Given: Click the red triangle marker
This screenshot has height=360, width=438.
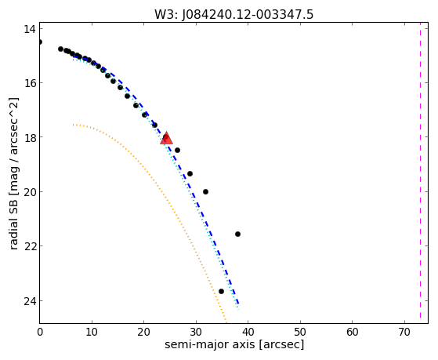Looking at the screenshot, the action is (x=166, y=138).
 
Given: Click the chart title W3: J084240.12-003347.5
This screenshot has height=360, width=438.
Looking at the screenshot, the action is (x=234, y=15).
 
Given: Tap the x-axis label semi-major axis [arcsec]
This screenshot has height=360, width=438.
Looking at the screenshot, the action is (x=234, y=344).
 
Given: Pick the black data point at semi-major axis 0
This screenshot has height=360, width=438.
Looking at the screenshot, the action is (x=40, y=42).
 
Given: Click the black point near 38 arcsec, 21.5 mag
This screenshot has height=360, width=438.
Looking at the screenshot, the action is (x=237, y=235).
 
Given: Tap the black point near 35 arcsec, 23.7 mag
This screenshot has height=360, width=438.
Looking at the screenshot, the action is (x=221, y=292).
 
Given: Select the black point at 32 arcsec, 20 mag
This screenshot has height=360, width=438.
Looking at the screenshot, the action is (x=205, y=192).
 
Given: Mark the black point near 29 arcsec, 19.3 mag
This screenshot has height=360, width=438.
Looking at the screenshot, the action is (x=190, y=173).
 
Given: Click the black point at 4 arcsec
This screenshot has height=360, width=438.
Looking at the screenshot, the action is (x=60, y=49).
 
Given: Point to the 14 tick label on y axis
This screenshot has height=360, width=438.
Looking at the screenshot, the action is (x=29, y=29).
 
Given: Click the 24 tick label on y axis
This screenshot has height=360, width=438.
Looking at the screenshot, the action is (x=29, y=301).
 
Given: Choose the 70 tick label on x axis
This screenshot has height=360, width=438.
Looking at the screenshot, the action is (x=404, y=333).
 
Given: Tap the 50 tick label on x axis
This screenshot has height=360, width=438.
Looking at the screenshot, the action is (x=300, y=333).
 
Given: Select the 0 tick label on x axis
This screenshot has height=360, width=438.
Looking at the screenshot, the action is (x=40, y=333).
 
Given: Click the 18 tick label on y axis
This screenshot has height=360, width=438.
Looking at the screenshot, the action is (x=29, y=137).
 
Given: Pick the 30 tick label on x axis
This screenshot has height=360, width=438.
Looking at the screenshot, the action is (x=196, y=333).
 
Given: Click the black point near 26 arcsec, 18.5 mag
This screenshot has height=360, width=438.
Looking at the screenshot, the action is (x=177, y=151).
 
